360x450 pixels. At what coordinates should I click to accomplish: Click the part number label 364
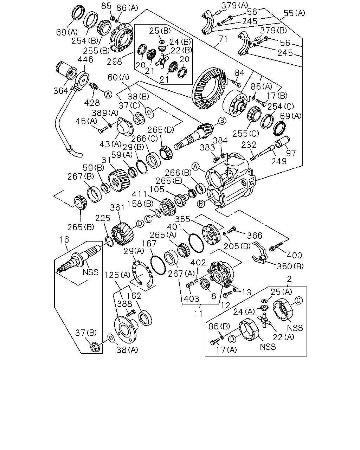click(x=61, y=91)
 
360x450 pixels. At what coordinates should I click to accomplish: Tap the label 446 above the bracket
click(x=85, y=60)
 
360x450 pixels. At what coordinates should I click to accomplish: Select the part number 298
click(x=114, y=62)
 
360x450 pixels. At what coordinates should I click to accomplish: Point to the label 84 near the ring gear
click(x=239, y=73)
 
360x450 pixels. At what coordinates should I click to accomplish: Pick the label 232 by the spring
click(x=249, y=145)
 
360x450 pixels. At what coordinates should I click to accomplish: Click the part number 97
click(x=291, y=153)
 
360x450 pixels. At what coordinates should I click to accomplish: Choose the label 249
click(x=279, y=161)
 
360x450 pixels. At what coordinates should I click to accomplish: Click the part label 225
click(x=103, y=218)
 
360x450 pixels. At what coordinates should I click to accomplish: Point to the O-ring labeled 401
click(x=196, y=243)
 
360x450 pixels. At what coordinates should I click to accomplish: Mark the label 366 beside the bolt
click(x=255, y=236)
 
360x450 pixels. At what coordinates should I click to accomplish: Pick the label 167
click(x=149, y=243)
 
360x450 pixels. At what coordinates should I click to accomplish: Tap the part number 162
click(x=134, y=296)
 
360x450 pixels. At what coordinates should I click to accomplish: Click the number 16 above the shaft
click(x=64, y=239)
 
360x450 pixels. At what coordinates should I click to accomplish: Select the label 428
click(x=92, y=103)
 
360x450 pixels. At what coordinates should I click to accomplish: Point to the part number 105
click(x=157, y=189)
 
